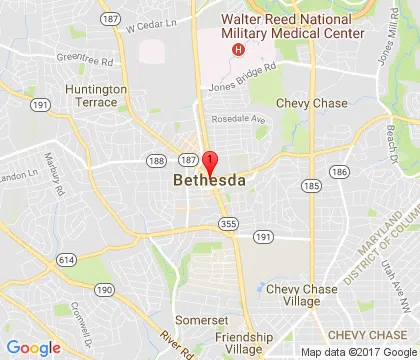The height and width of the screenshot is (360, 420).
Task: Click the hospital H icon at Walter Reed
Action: click(x=238, y=48)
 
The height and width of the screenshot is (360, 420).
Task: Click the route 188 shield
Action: click(x=155, y=160)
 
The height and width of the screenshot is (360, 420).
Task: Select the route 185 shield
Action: click(x=312, y=185)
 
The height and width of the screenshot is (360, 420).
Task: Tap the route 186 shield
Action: click(x=340, y=172)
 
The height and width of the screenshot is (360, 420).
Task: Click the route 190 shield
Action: click(x=103, y=289)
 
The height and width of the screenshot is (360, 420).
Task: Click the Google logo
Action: click(x=34, y=347)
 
